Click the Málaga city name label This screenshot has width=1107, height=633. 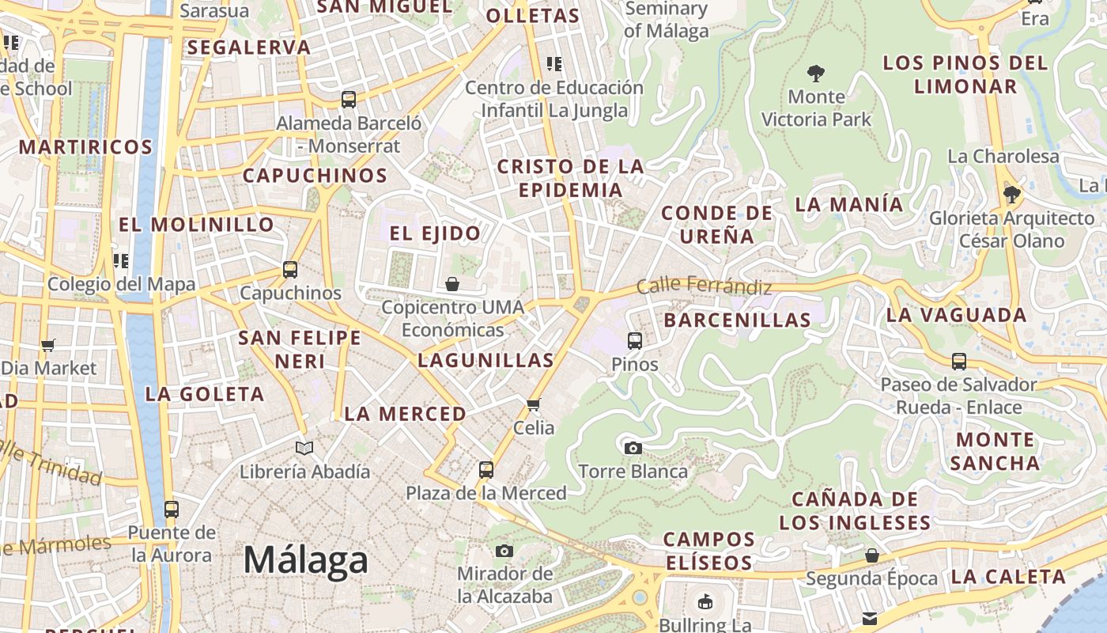click(x=305, y=560)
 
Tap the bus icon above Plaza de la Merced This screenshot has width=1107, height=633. click(x=486, y=469)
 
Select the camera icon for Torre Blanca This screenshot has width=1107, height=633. click(x=633, y=449)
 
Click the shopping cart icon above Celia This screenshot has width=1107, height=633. click(x=534, y=405)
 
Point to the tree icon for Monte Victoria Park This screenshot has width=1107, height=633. click(x=816, y=74)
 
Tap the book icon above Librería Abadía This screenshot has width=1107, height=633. click(x=304, y=449)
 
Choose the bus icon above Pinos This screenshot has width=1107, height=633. click(x=635, y=341)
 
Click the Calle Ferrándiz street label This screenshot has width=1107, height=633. click(x=704, y=286)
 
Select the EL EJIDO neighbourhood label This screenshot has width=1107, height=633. click(x=435, y=233)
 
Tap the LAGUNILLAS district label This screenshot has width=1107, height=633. click(x=485, y=361)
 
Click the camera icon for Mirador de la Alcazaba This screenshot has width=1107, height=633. click(x=504, y=551)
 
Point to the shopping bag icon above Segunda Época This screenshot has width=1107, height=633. click(x=871, y=555)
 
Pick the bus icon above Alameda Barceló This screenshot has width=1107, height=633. click(x=349, y=100)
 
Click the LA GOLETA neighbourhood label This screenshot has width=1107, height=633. click(x=205, y=394)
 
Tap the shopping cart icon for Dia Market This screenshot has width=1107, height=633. click(x=48, y=345)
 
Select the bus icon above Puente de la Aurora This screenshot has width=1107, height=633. click(x=172, y=509)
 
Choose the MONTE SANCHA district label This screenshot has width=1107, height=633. click(x=995, y=451)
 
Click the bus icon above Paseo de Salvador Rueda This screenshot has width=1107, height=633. click(x=959, y=362)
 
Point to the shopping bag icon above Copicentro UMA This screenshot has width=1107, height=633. click(x=452, y=284)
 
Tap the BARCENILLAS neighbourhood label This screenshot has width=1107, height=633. click(x=737, y=320)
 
